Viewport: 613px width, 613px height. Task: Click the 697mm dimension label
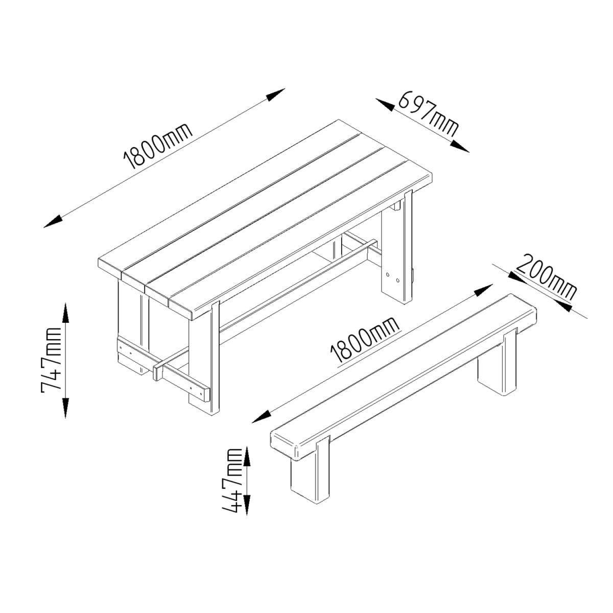tap(428, 113)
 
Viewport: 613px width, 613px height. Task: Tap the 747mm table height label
tap(51, 360)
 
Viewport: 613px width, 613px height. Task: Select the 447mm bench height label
tap(232, 485)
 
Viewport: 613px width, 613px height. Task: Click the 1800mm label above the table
tap(158, 146)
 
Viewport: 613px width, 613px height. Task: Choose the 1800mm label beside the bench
tap(365, 340)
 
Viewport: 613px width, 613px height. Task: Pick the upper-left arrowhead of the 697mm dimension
tap(386, 105)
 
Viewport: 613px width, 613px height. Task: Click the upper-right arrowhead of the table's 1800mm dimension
tap(275, 95)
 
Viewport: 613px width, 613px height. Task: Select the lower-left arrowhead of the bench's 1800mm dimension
tap(262, 416)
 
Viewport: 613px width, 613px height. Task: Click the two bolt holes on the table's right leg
tap(392, 277)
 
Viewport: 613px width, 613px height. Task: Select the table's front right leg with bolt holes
tap(397, 248)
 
